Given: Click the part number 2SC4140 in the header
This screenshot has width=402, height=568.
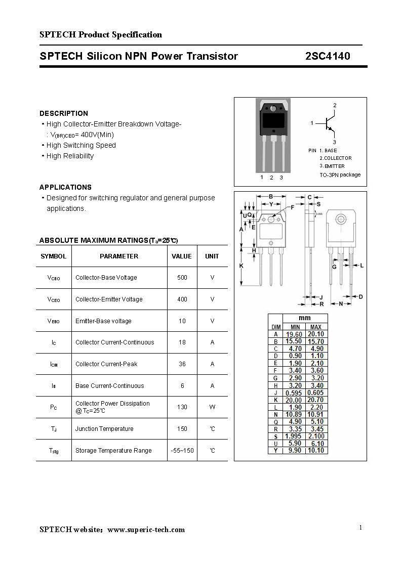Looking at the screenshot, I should [328, 56].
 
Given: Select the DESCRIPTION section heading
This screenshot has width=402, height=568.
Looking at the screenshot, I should [64, 113].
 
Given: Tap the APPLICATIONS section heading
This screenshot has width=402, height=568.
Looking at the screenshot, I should [65, 187].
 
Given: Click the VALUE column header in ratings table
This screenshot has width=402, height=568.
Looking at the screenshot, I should [182, 256].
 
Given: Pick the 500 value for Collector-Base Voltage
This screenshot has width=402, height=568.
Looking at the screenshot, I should [182, 278].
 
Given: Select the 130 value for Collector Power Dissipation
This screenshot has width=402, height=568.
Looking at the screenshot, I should [182, 407].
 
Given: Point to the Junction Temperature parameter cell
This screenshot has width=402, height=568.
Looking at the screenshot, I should [104, 429].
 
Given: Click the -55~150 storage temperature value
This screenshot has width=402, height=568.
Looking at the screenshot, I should [182, 451].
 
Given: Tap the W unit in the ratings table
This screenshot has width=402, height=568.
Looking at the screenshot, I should [212, 407].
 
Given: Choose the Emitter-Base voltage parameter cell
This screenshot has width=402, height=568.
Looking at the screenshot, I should [103, 321].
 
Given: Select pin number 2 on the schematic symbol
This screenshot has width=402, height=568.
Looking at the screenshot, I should [335, 105].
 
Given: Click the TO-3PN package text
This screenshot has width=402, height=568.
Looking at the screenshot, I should [340, 175].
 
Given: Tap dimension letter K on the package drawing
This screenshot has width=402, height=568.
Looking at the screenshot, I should [242, 266].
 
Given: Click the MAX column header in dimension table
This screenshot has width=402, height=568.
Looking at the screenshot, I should [316, 327].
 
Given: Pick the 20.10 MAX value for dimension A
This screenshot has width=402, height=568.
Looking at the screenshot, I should [316, 334].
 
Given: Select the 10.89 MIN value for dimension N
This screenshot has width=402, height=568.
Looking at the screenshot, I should [294, 415].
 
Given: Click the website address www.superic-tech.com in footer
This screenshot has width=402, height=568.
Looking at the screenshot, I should [146, 530].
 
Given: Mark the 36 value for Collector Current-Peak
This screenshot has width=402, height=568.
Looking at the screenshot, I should [182, 364].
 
